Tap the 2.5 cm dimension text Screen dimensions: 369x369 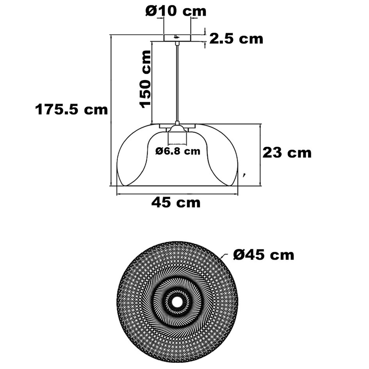236,39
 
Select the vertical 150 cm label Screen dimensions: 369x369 145,79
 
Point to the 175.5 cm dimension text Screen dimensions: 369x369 71,110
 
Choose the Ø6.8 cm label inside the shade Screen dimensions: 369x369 177,151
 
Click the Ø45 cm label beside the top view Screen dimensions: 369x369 264,255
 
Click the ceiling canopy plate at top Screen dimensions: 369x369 177,38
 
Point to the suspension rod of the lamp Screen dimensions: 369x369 178,82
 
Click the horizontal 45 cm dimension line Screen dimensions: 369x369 177,194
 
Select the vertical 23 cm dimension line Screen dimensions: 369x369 260,155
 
